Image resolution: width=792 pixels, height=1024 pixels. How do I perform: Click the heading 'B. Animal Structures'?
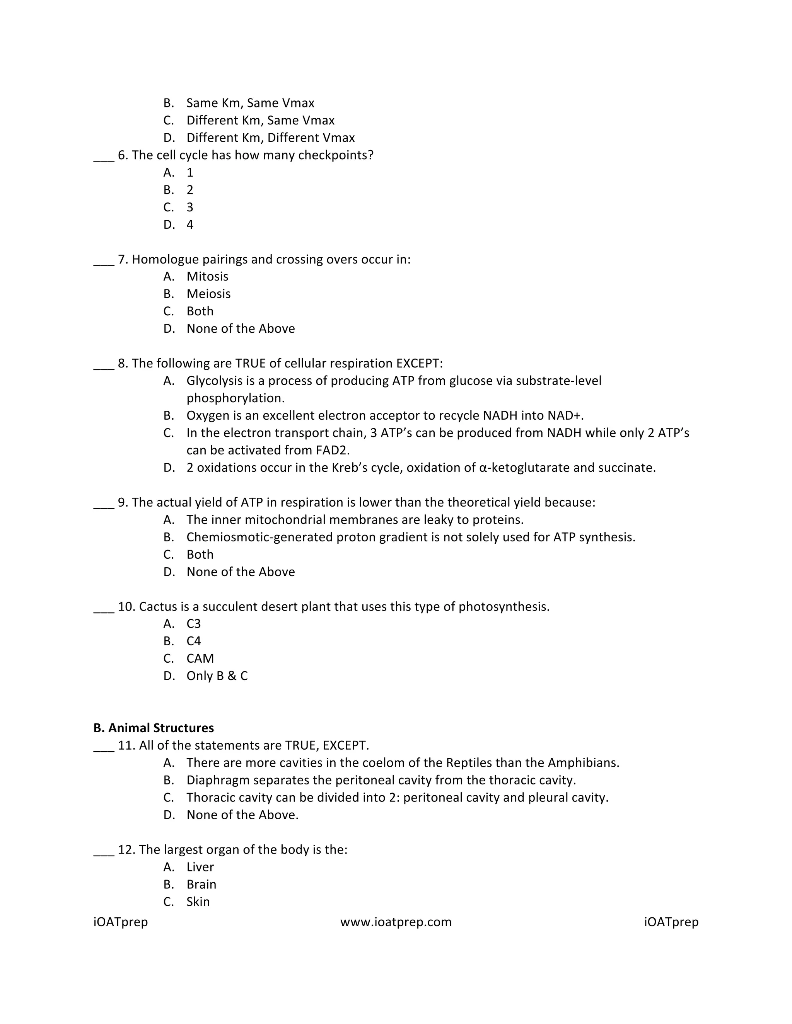click(154, 728)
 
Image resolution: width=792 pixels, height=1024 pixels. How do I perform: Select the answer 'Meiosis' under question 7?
click(208, 294)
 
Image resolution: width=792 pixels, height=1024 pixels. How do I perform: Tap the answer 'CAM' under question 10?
click(200, 658)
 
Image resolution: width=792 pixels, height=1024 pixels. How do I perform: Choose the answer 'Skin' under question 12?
click(198, 901)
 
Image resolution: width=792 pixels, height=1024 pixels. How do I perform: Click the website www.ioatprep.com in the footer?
click(396, 922)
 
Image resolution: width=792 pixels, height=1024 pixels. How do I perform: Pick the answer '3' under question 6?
click(189, 207)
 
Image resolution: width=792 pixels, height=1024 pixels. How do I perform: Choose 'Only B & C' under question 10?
click(217, 675)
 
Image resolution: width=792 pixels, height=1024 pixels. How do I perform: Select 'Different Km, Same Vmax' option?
click(260, 121)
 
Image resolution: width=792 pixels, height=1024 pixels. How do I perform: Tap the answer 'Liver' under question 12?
click(200, 867)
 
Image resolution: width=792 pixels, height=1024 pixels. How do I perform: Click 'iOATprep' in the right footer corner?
click(671, 922)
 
